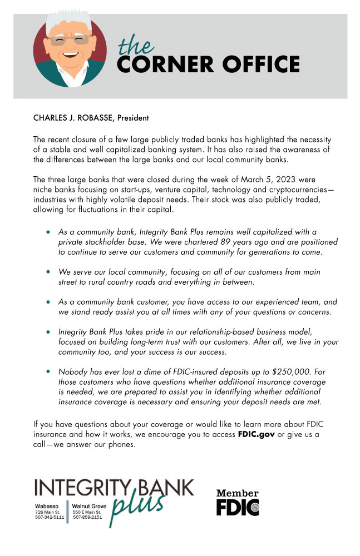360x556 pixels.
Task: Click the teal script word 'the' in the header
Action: (136, 45)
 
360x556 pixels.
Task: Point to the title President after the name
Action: (133, 118)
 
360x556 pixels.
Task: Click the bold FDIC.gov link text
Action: (256, 434)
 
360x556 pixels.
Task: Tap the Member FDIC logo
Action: (238, 502)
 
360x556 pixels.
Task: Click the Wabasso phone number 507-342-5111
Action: (50, 517)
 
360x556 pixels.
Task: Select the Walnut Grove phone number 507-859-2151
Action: (87, 517)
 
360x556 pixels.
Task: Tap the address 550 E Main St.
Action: (86, 511)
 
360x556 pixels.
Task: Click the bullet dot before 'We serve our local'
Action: (50, 272)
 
